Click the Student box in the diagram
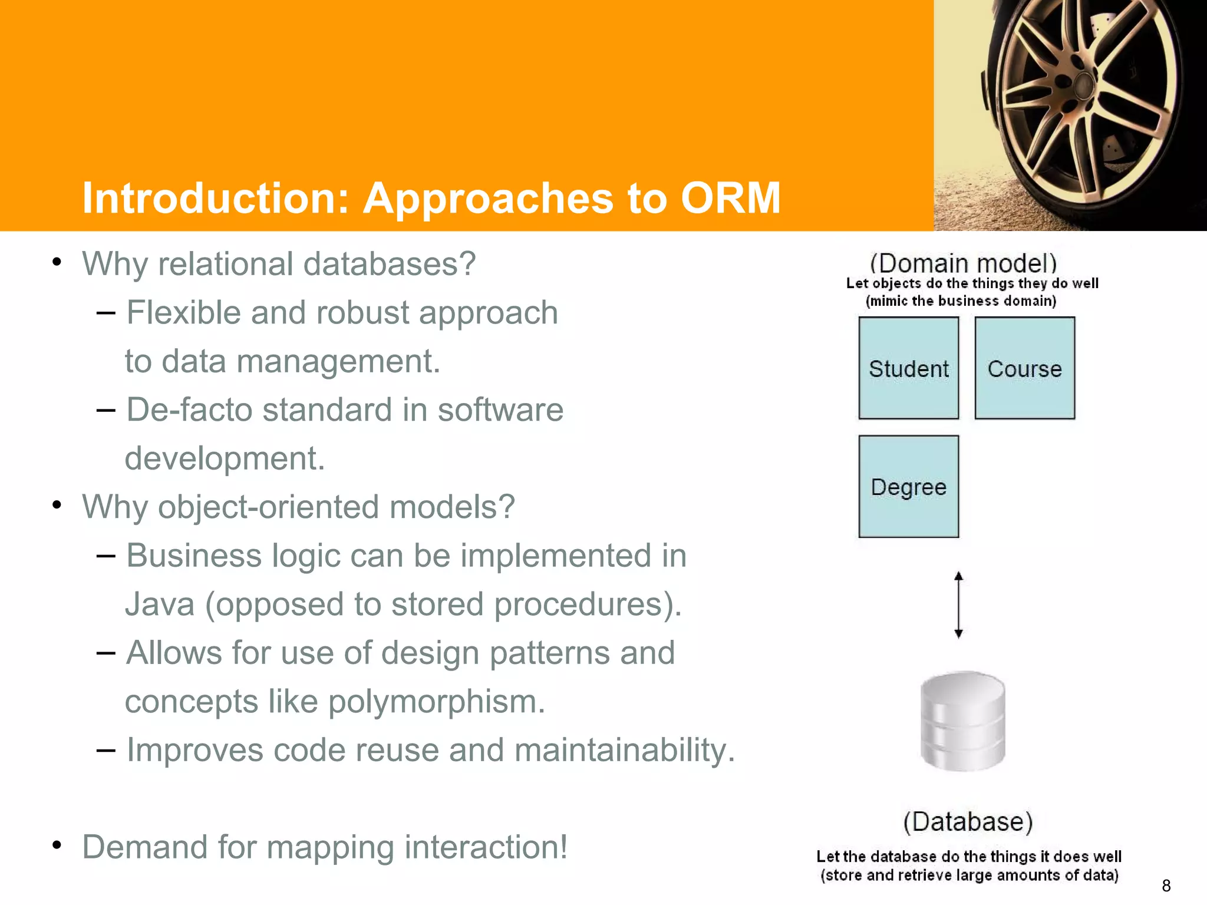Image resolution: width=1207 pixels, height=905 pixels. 908,368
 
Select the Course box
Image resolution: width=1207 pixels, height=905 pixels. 1024,368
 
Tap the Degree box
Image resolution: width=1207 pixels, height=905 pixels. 908,487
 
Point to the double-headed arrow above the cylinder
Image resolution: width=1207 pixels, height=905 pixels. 958,605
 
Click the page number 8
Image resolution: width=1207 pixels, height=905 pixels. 1166,886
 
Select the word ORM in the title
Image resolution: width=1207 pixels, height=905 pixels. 731,197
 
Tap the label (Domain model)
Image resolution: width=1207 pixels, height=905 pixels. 963,263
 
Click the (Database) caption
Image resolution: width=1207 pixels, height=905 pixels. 968,821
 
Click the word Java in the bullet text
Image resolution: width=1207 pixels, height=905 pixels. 160,605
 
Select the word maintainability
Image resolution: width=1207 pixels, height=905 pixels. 625,750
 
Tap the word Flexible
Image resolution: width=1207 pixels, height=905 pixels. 183,312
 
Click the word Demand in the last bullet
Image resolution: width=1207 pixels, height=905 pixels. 144,847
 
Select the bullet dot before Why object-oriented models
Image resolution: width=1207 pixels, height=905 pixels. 57,506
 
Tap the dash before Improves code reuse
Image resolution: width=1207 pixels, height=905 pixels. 105,750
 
